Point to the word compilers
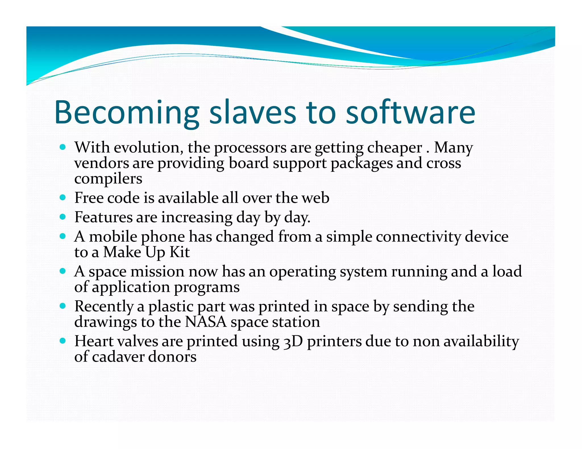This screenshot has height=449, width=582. [x=108, y=179]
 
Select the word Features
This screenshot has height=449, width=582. [x=103, y=217]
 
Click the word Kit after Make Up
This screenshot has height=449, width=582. [x=180, y=252]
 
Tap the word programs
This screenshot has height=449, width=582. [x=207, y=287]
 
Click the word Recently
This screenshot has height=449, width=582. [x=104, y=307]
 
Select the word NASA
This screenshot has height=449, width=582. [x=206, y=322]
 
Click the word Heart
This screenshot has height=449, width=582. [x=94, y=341]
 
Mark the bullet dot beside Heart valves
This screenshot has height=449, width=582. [x=63, y=341]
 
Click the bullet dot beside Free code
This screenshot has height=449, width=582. [x=63, y=197]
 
